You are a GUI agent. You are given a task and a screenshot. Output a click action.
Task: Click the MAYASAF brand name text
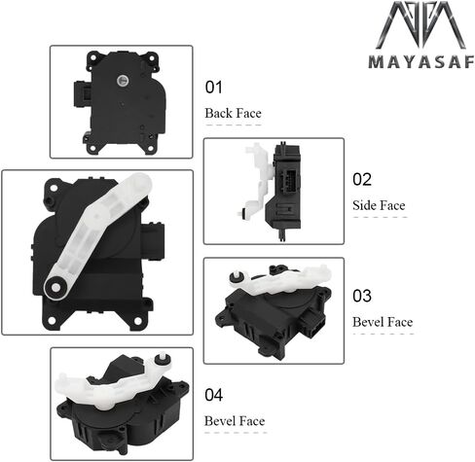coord(421,62)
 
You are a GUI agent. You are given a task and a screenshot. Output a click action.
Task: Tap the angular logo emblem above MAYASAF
coord(421,25)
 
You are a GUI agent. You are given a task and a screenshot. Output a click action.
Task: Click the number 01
coord(214,88)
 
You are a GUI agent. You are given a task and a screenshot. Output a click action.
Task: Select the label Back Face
coord(233,113)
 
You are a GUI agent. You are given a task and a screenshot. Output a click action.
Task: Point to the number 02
coord(362,179)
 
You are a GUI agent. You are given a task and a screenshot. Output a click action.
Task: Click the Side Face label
coord(379,205)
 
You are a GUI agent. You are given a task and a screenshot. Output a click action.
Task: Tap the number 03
coord(362,296)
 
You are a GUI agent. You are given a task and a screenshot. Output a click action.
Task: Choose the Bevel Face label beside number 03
coord(383,322)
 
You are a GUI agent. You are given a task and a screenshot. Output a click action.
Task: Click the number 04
coord(214,395)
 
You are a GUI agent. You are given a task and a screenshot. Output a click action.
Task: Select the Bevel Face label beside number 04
coord(235,421)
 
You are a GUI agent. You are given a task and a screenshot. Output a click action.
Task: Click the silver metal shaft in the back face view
coord(123,80)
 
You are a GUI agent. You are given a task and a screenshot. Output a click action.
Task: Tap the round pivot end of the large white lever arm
coord(55,287)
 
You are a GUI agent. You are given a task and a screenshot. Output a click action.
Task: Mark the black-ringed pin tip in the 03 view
coord(237,276)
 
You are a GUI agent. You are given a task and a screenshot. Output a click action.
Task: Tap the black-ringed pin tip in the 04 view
coord(163,360)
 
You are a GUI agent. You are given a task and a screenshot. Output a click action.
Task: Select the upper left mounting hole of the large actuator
coord(54,188)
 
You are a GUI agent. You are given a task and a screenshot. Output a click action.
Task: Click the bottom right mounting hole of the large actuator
coord(138,321)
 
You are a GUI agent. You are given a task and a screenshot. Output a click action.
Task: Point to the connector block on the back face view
coord(82,93)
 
